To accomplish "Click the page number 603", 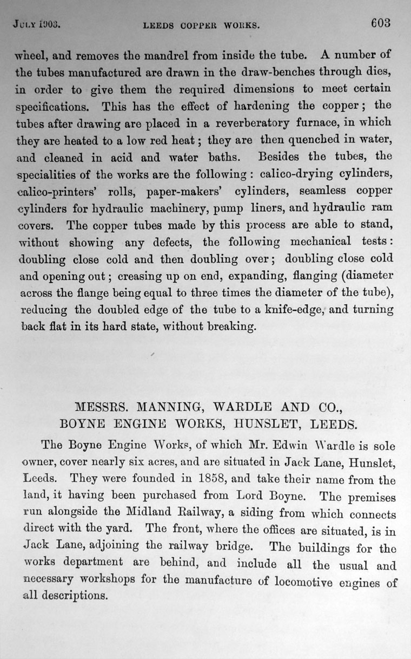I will click(381, 23).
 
